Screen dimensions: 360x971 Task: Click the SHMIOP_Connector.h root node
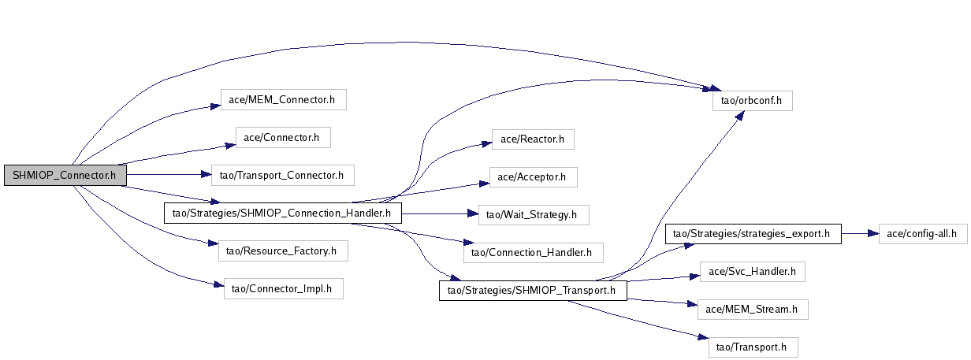click(65, 176)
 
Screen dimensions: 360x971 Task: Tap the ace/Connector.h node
click(282, 137)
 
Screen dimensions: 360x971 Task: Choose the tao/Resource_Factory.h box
click(281, 251)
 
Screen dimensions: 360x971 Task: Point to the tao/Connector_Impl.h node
click(283, 289)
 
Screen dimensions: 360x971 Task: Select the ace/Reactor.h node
click(533, 139)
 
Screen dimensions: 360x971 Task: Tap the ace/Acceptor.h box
click(533, 177)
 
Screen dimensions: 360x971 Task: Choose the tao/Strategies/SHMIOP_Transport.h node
click(532, 291)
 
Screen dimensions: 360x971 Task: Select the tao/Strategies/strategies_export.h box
click(753, 233)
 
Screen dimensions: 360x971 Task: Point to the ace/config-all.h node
click(922, 233)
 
